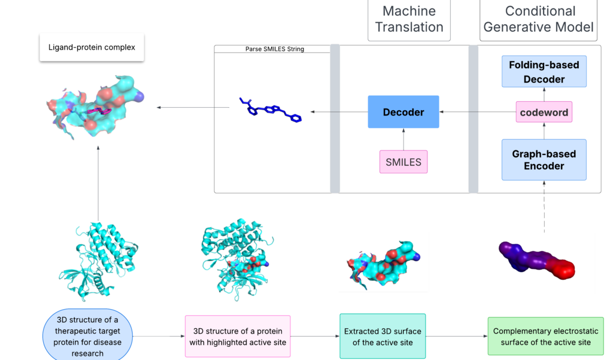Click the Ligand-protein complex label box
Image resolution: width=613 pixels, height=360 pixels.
coord(92,47)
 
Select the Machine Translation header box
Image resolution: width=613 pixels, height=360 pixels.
coord(409,19)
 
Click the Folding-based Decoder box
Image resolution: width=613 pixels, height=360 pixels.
coord(544,72)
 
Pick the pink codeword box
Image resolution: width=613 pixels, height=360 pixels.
coord(544,112)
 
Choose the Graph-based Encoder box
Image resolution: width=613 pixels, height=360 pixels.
coord(544,160)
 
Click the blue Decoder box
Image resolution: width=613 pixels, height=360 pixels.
coord(403,112)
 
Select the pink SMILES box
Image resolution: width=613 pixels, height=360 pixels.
coord(403,162)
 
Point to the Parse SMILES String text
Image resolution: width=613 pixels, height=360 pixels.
coord(275,49)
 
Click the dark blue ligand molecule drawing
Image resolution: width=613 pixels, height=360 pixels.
coord(270,110)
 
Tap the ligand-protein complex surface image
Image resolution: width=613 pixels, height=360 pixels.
coord(93,106)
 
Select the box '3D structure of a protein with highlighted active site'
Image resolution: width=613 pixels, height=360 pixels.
coord(238,337)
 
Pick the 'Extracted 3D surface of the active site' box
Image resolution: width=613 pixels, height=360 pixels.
coord(383,336)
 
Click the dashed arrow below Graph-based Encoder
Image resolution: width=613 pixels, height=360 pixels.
coord(544,207)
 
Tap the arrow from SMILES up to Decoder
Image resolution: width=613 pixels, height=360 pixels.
coord(403,139)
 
